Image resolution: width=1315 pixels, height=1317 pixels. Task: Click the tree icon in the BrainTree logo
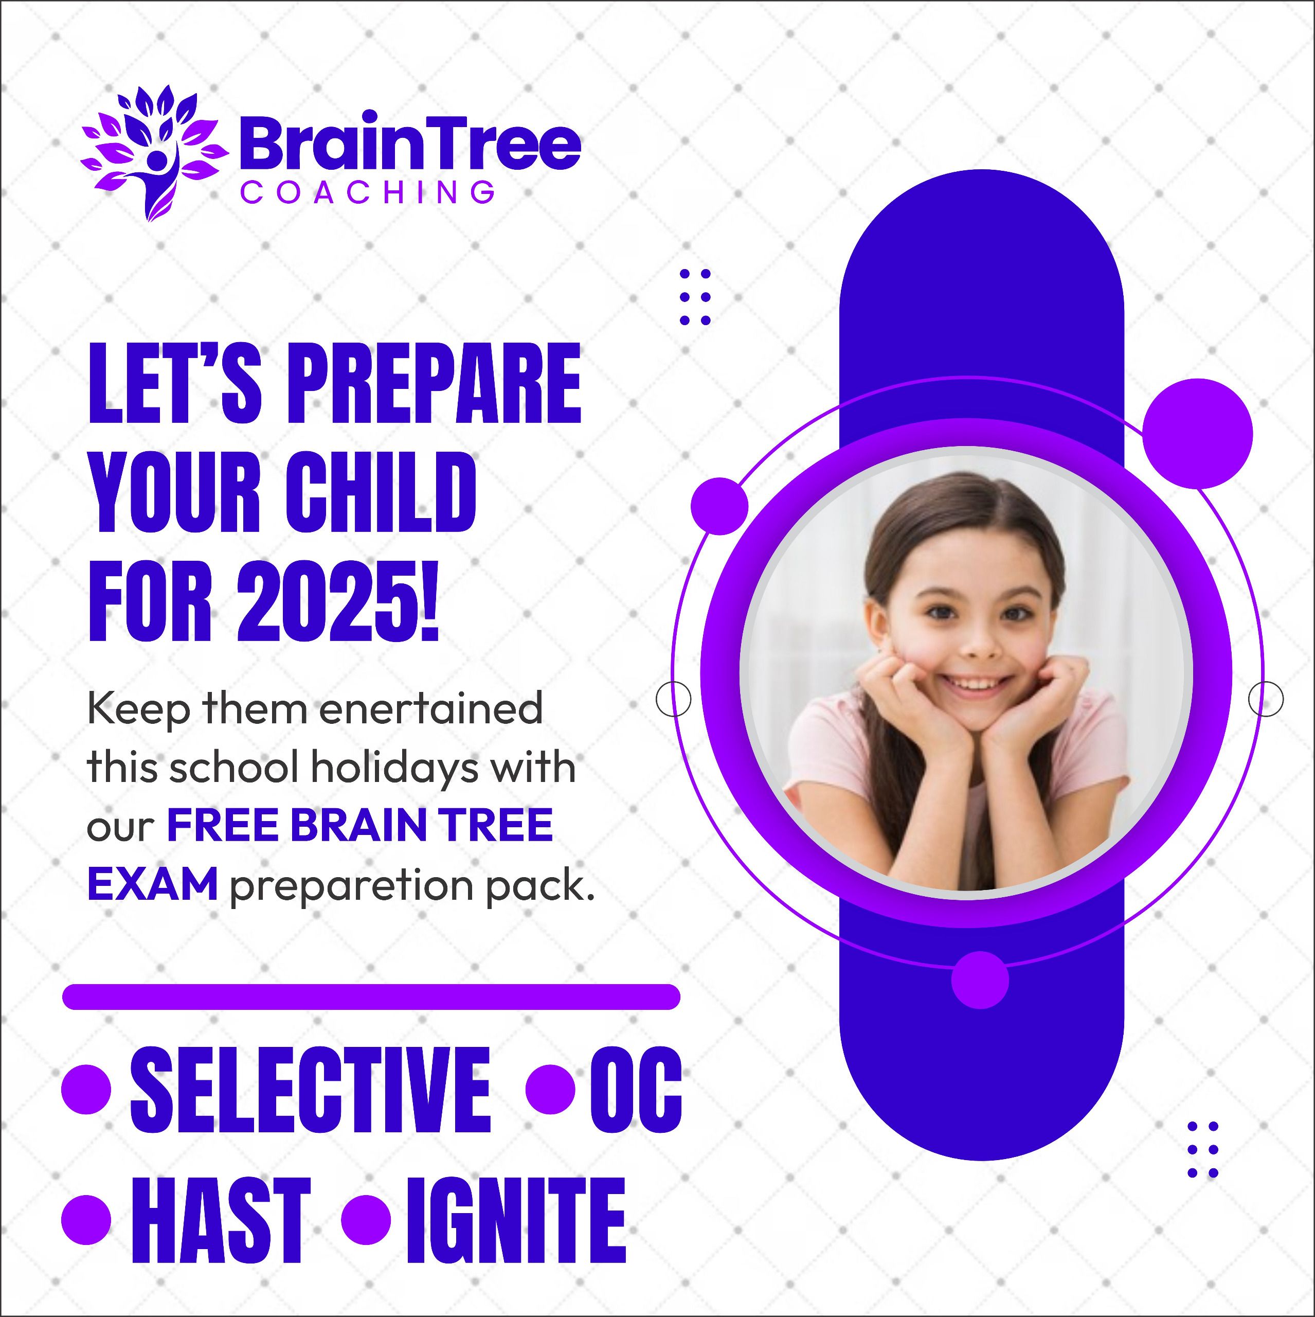point(154,153)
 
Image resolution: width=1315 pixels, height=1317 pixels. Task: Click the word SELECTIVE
point(310,1090)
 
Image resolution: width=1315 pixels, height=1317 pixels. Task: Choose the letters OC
point(636,1090)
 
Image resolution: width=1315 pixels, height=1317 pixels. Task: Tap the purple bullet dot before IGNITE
point(366,1219)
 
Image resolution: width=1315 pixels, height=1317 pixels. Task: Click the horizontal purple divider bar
point(371,996)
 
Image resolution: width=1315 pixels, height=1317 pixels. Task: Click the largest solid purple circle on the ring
point(1197,434)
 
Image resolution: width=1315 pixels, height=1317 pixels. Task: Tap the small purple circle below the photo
point(980,980)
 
